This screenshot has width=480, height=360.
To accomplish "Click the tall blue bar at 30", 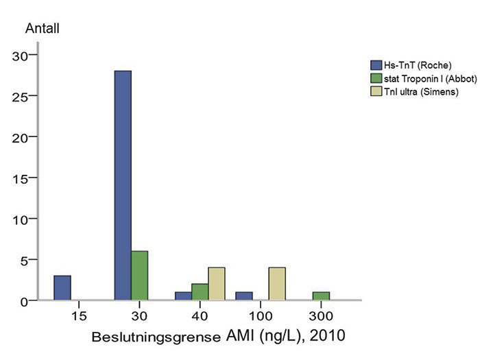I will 123,185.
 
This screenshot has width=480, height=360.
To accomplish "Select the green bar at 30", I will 139,276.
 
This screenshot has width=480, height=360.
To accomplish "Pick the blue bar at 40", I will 183,296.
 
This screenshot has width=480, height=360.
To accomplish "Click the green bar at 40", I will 200,292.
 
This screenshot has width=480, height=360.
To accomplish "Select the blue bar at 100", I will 243,296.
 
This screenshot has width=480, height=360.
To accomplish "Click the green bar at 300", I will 321,296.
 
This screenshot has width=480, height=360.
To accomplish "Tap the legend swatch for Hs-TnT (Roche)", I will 376,65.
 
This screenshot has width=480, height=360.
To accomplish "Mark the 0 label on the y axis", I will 25,301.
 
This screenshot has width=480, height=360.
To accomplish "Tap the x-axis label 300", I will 321,317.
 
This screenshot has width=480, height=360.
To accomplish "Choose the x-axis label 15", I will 79,317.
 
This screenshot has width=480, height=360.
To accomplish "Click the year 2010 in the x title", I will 324,337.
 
